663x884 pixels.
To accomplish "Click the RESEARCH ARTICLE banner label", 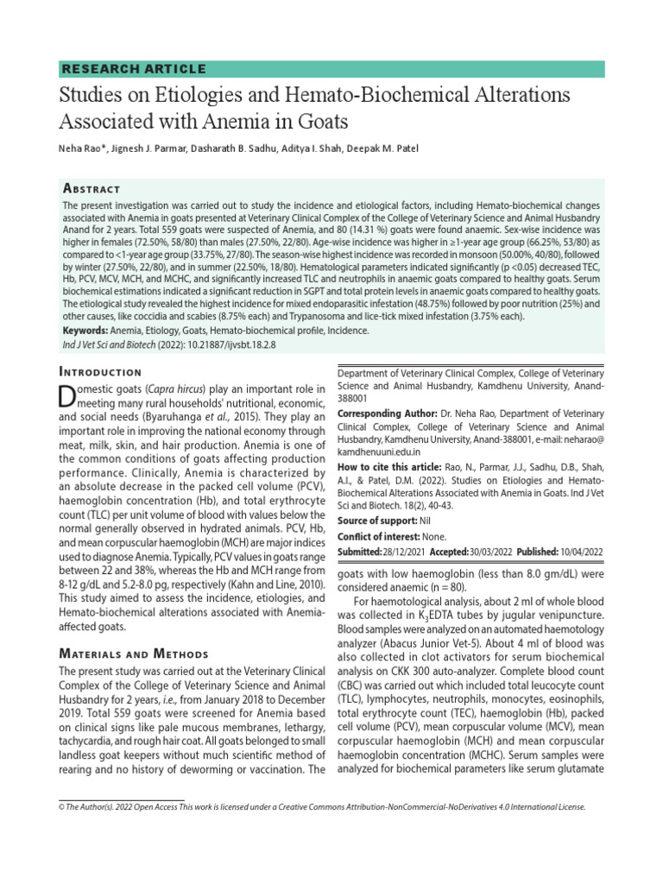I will point(133,69).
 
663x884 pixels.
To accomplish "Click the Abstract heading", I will point(92,188).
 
